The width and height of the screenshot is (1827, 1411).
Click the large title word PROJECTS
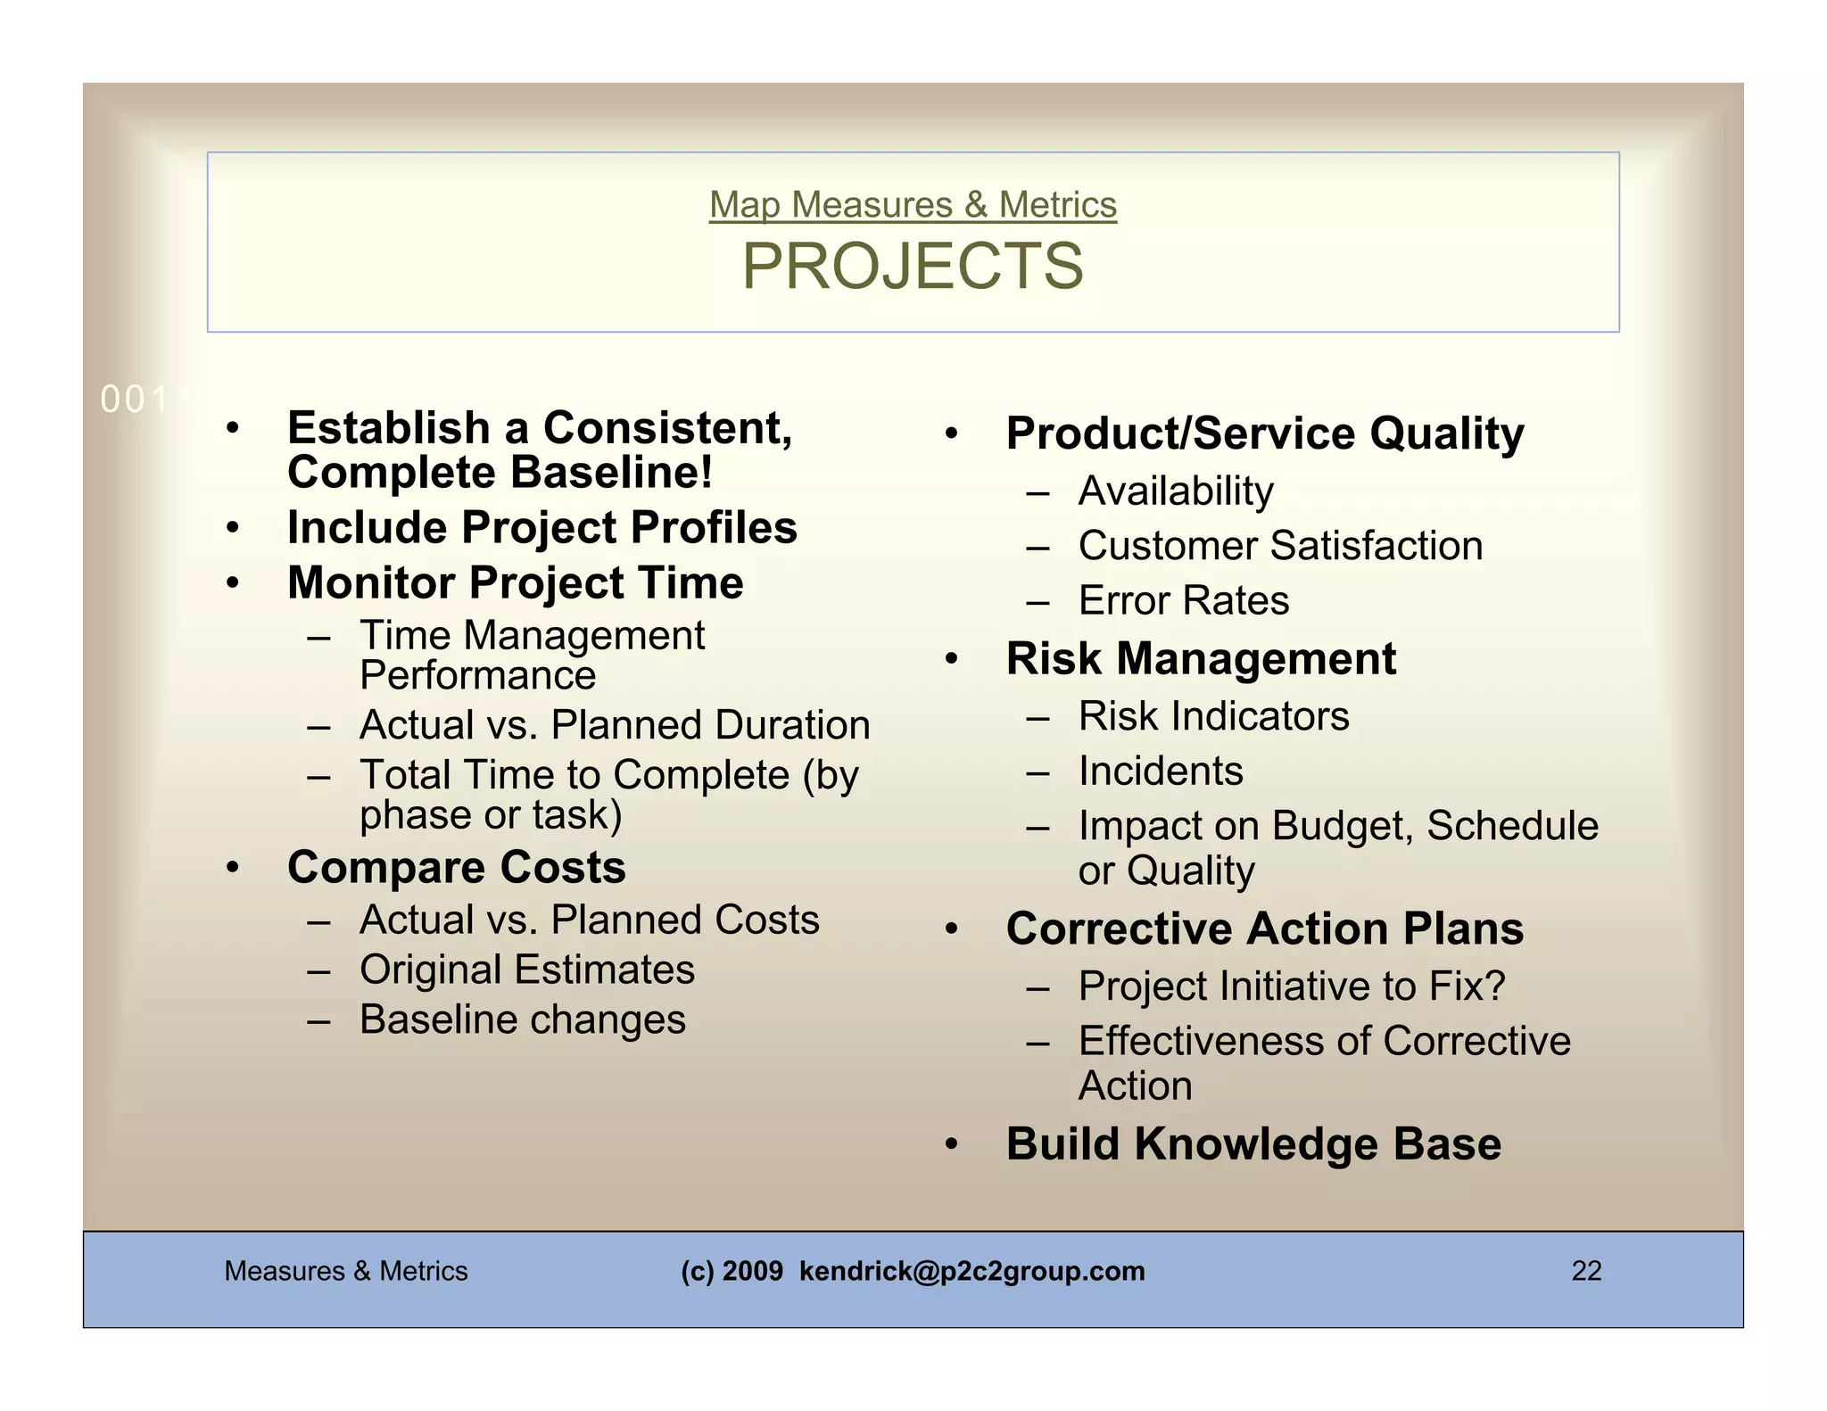pyautogui.click(x=913, y=267)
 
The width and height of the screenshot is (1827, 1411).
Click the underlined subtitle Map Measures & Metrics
pyautogui.click(x=913, y=205)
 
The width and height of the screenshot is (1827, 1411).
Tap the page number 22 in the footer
pyautogui.click(x=1586, y=1271)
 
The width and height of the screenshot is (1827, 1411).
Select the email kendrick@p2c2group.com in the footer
pyautogui.click(x=971, y=1271)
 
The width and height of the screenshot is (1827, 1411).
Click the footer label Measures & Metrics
pyautogui.click(x=345, y=1271)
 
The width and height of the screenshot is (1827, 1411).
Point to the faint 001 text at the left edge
pyautogui.click(x=134, y=400)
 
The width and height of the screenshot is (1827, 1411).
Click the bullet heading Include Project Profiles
pyautogui.click(x=541, y=527)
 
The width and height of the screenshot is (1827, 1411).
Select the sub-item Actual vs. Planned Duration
pyautogui.click(x=614, y=725)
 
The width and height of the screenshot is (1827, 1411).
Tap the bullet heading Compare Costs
pyautogui.click(x=456, y=867)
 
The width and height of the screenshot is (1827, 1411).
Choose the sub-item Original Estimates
pyautogui.click(x=526, y=970)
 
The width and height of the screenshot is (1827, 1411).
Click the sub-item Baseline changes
pyautogui.click(x=522, y=1019)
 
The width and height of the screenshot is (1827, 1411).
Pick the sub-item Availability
pyautogui.click(x=1175, y=491)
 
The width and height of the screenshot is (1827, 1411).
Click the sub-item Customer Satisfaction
pyautogui.click(x=1280, y=546)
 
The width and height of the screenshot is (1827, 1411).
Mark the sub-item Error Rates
pyautogui.click(x=1183, y=600)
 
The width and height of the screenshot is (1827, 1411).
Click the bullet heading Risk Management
pyautogui.click(x=1200, y=659)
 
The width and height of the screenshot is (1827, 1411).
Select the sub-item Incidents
pyautogui.click(x=1160, y=771)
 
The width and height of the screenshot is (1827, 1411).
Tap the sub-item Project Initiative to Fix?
pyautogui.click(x=1291, y=986)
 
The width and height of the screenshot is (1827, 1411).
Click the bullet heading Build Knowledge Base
pyautogui.click(x=1252, y=1144)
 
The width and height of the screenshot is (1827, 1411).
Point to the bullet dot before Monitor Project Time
pyautogui.click(x=233, y=583)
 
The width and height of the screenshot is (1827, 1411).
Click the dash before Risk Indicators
pyautogui.click(x=1038, y=717)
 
